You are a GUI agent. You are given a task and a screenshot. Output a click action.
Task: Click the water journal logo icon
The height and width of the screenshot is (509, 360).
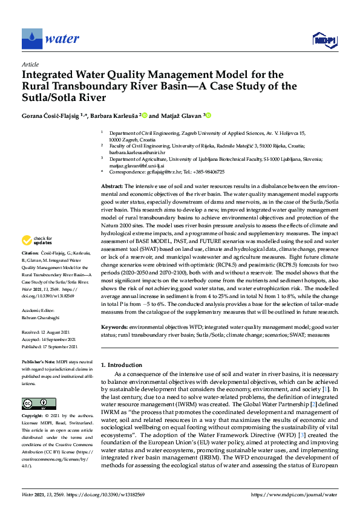(x=30, y=39)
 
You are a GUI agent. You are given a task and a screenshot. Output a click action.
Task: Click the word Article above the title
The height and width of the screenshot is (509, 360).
(x=30, y=63)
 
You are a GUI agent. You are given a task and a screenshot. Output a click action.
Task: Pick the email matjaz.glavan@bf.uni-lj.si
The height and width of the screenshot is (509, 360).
(x=135, y=165)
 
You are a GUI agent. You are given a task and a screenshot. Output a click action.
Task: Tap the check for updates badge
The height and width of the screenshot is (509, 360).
(x=39, y=241)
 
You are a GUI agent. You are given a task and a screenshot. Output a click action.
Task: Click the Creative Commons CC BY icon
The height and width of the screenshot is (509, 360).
(x=34, y=403)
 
